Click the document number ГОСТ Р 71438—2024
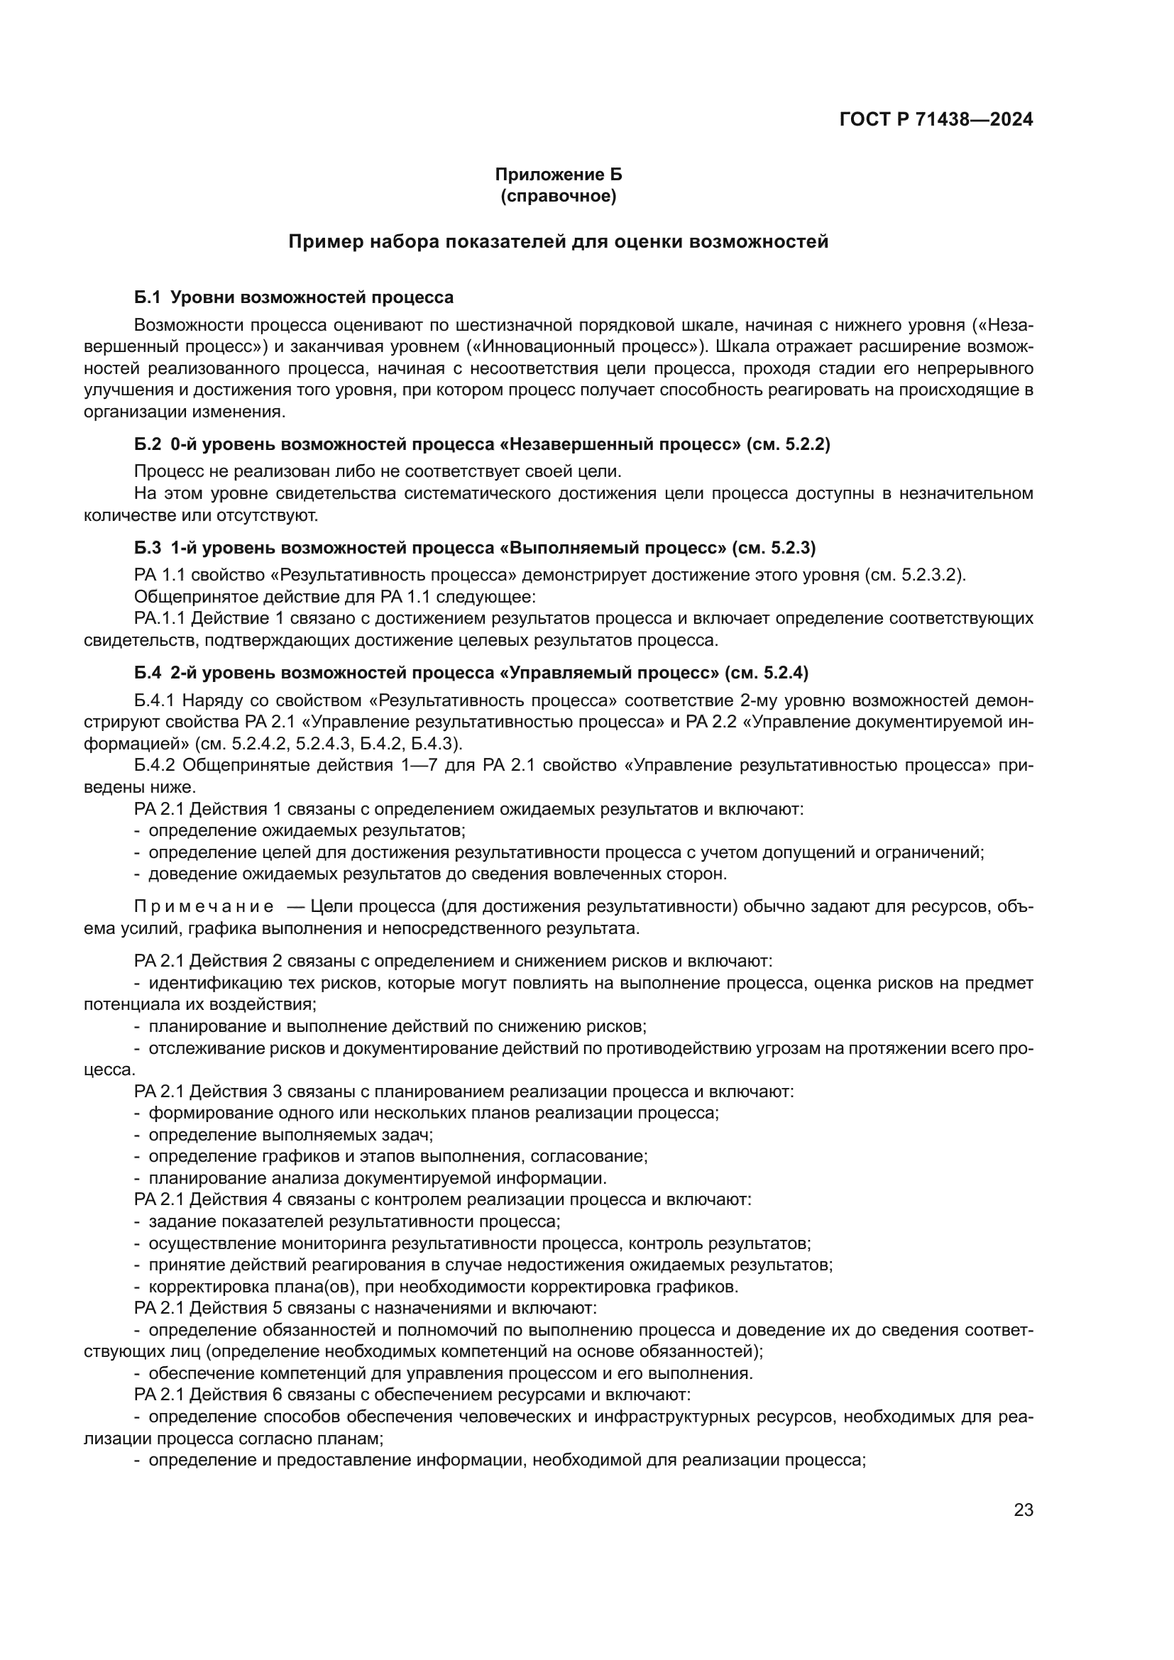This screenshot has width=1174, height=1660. coord(936,120)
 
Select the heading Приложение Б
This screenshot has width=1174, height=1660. coord(558,175)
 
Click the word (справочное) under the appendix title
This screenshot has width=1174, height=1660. coord(558,196)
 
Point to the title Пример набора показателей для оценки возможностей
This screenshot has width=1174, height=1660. coord(558,241)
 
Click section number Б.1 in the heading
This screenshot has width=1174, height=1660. coord(146,297)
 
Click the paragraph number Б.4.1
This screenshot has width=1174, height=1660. coord(154,700)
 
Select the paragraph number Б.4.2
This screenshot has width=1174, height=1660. coord(154,766)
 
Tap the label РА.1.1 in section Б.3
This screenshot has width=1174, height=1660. coord(160,618)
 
